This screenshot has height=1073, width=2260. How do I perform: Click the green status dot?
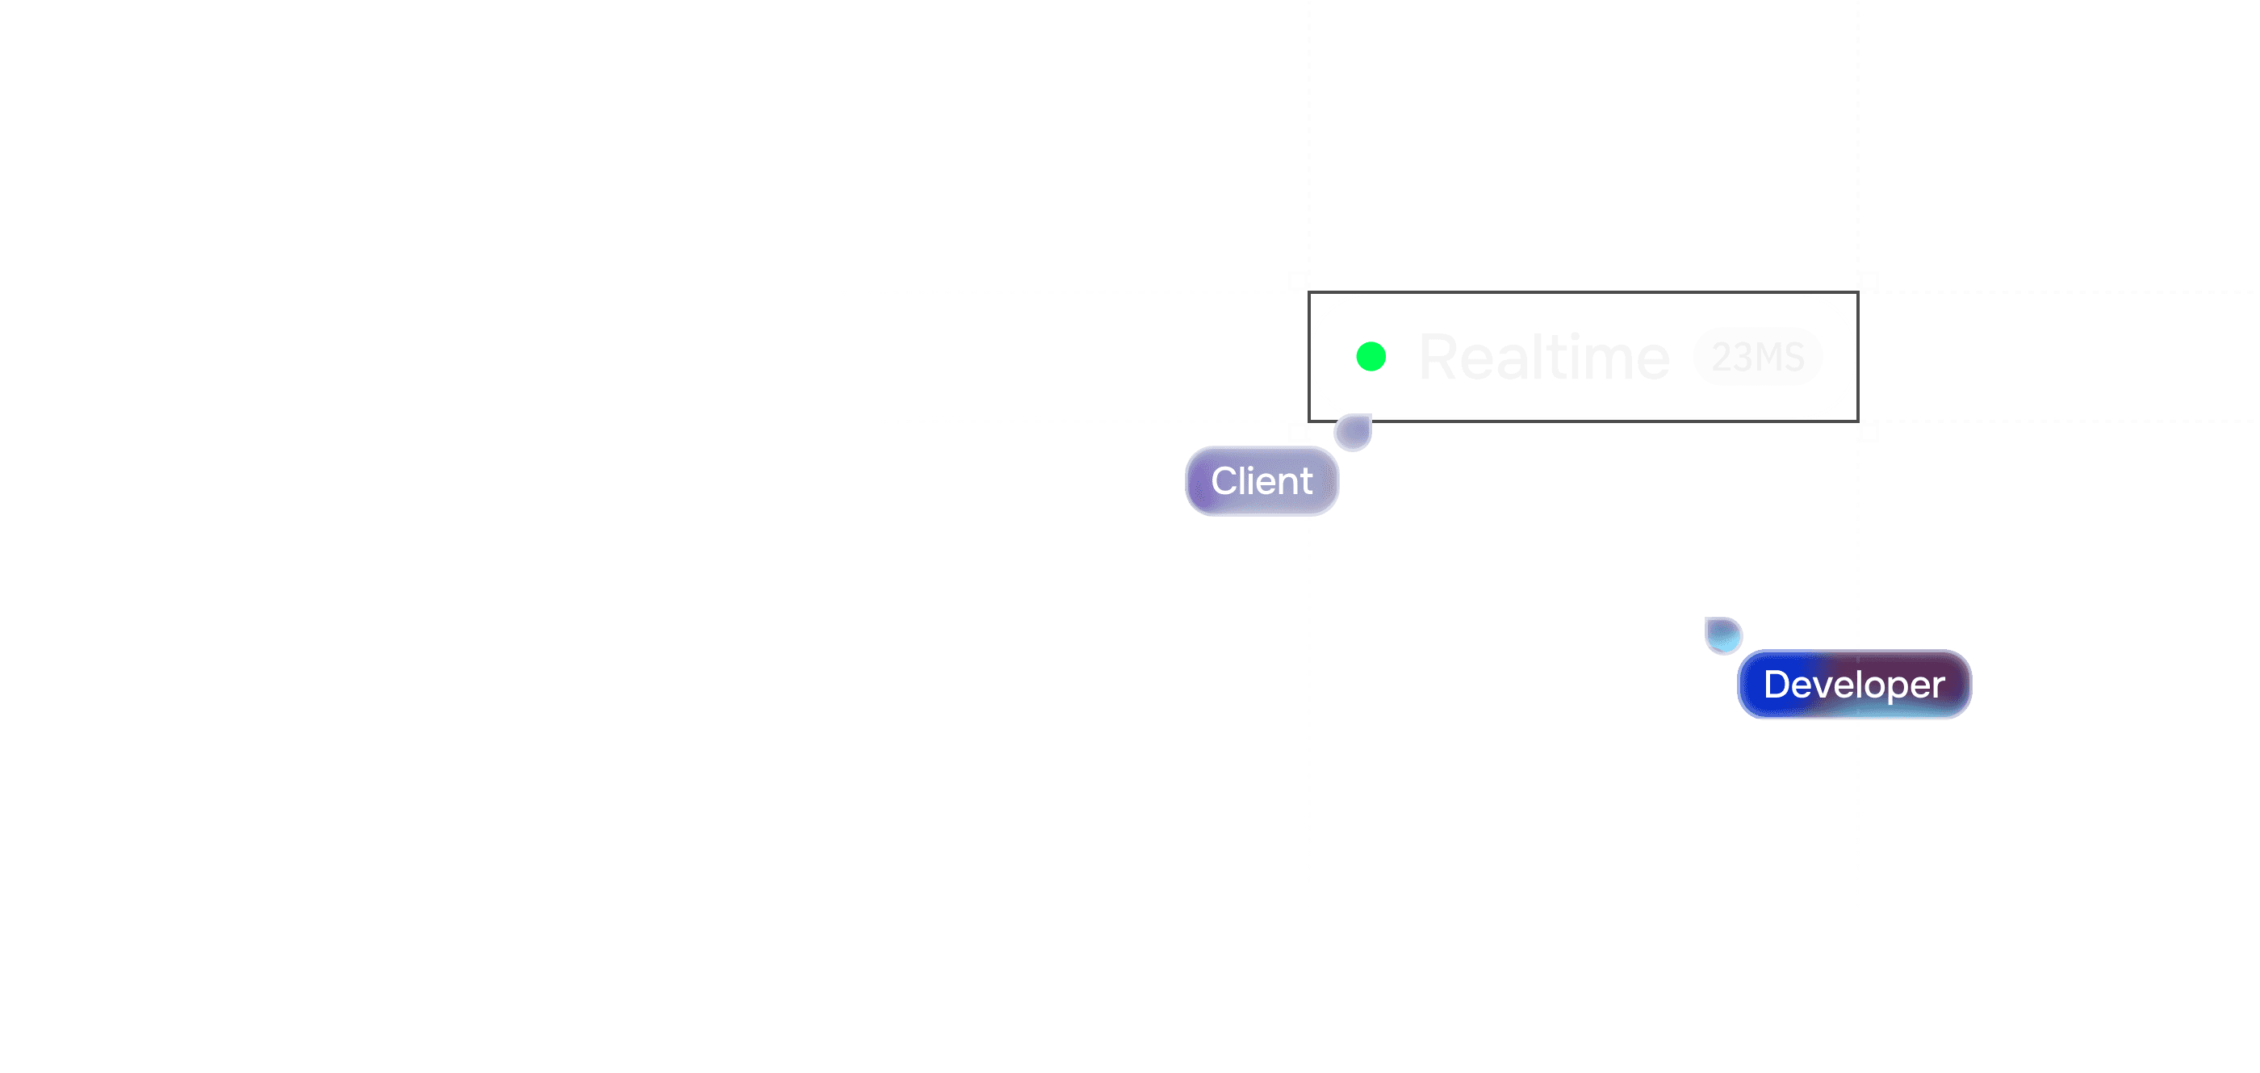pos(1371,357)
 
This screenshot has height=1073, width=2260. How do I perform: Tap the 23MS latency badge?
pos(1757,356)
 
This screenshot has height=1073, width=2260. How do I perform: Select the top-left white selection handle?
pos(1299,281)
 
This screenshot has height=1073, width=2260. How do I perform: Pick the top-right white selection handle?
pos(1869,281)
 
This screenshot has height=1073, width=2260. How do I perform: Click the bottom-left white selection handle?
pos(1299,432)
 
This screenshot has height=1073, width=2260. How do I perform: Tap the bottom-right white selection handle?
pos(1869,432)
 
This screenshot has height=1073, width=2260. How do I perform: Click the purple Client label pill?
pos(1262,480)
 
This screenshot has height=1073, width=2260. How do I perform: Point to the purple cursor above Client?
pos(1353,432)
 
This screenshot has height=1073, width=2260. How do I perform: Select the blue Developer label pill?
pos(1854,685)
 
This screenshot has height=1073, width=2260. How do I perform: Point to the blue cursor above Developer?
pos(1723,635)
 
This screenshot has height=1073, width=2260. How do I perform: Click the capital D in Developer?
pos(1777,685)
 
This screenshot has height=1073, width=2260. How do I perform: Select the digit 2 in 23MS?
pos(1722,357)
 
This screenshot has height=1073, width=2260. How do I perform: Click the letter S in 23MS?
pos(1794,357)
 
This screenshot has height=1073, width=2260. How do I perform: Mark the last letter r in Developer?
pos(1938,686)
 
